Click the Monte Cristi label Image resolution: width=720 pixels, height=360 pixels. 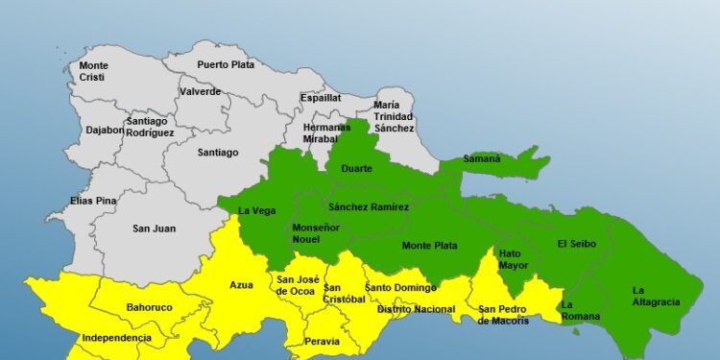point(93,71)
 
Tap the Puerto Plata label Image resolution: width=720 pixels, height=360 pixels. point(225,64)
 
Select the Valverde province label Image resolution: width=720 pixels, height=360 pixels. point(200,92)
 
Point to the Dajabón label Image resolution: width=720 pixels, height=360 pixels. point(104,130)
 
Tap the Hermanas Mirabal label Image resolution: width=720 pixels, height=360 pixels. point(326,132)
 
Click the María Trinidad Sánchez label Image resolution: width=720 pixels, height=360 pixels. point(394,116)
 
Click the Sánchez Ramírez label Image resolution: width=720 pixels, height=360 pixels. point(368,207)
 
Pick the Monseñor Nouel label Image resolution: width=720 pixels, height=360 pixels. point(315,231)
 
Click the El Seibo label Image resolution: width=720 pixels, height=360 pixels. point(576,244)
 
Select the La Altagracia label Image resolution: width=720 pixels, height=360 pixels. point(655,296)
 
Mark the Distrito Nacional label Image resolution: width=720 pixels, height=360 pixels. point(416,309)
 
